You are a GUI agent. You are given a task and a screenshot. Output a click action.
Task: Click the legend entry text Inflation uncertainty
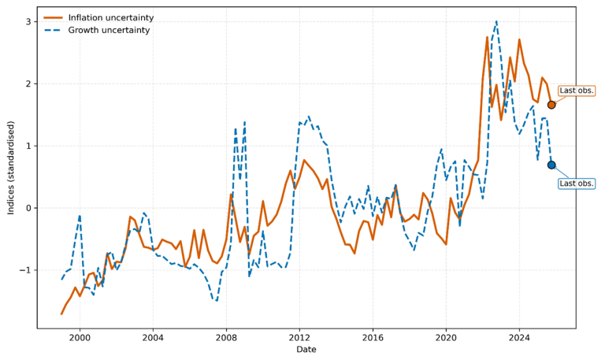(x=110, y=17)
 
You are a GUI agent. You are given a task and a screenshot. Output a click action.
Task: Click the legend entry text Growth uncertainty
(x=108, y=30)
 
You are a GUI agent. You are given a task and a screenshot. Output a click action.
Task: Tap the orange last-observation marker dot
(x=551, y=105)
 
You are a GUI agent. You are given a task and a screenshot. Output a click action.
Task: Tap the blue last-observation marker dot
(x=551, y=165)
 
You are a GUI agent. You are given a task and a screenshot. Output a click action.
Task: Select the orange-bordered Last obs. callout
(x=577, y=91)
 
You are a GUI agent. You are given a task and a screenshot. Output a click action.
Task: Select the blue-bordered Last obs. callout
(x=577, y=184)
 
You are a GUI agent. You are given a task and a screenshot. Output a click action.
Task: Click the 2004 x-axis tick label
(x=153, y=338)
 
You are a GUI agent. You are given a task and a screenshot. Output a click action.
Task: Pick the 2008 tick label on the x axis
(x=226, y=338)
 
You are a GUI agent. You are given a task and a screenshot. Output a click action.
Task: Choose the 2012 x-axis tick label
(x=299, y=338)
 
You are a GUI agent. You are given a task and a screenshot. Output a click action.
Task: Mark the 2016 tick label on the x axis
(x=373, y=338)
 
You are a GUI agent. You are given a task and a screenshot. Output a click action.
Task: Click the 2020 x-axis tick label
(x=446, y=338)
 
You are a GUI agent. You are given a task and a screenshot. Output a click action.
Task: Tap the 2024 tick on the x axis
(x=519, y=338)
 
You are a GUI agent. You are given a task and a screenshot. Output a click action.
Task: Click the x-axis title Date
(x=306, y=350)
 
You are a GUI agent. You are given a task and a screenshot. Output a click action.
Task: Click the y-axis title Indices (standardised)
(x=11, y=167)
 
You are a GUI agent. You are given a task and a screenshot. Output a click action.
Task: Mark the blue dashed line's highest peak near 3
(x=496, y=21)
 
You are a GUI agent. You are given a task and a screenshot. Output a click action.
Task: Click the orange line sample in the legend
(x=54, y=17)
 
